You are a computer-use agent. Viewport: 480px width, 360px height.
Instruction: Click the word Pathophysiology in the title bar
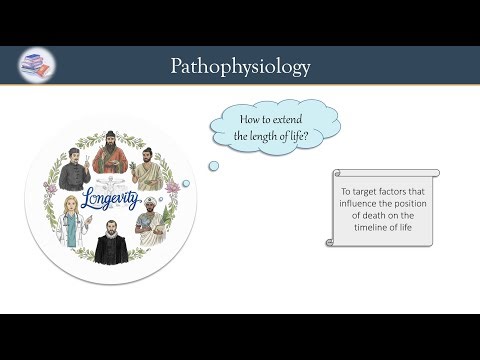point(240,66)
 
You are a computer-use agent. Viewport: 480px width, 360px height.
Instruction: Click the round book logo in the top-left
point(37,66)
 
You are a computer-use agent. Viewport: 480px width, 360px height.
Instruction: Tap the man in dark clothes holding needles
point(75,168)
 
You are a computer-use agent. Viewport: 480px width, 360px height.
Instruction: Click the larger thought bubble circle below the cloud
point(213,166)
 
